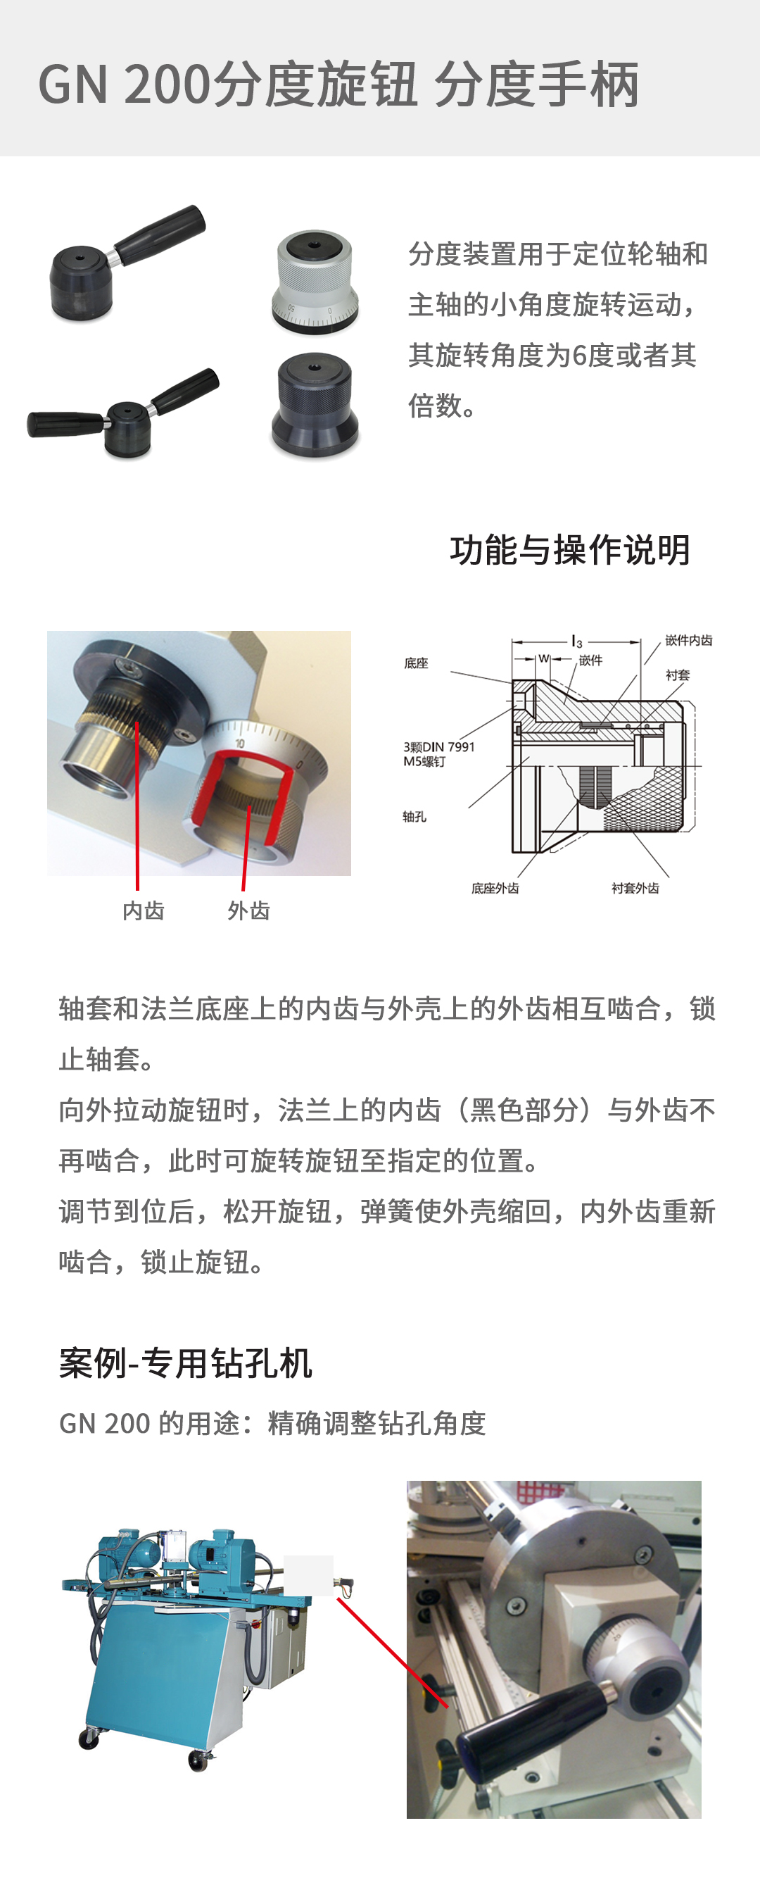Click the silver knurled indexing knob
(315, 281)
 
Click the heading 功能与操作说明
(570, 549)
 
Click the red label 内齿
(144, 910)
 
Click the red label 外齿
(248, 910)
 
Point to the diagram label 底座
(416, 663)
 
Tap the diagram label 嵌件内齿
(688, 640)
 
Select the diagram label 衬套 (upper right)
(678, 675)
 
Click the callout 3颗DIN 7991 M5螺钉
(438, 753)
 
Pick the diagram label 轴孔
(414, 816)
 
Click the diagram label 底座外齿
(495, 888)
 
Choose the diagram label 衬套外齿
(635, 888)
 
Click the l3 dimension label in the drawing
(577, 641)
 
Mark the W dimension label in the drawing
(543, 658)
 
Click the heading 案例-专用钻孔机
(186, 1363)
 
